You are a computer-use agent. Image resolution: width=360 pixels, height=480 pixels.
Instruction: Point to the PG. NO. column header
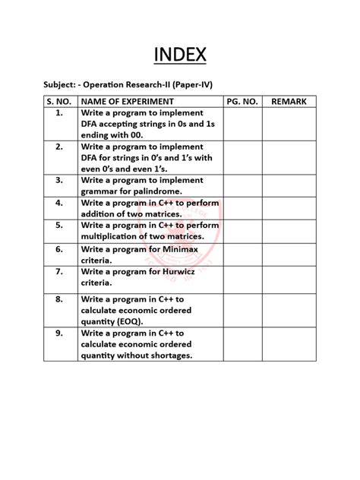[242, 101]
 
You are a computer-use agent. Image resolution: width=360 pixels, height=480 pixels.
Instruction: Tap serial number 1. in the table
[58, 112]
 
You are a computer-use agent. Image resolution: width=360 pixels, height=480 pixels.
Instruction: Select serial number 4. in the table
[58, 203]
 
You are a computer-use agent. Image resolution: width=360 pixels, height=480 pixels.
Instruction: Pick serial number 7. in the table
[58, 270]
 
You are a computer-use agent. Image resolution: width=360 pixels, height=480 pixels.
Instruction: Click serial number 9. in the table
[58, 332]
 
